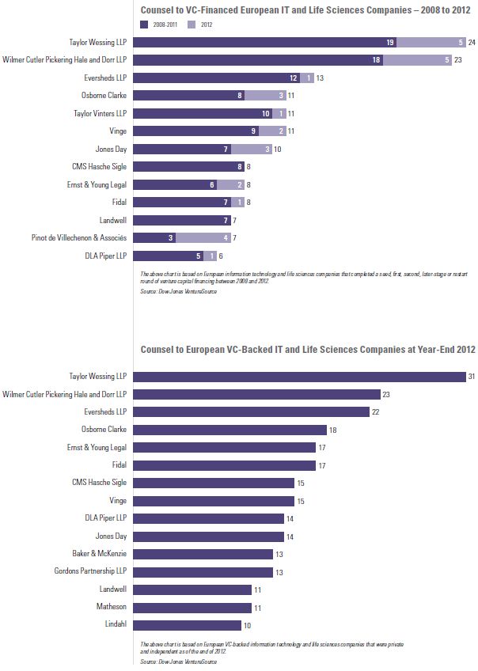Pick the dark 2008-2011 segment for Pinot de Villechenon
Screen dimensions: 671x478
[154, 237]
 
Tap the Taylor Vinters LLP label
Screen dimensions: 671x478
[101, 113]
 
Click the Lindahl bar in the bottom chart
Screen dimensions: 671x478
[187, 625]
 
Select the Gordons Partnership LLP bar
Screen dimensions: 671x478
[203, 572]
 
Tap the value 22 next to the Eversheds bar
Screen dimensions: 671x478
[378, 411]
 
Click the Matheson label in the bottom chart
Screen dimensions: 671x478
[112, 608]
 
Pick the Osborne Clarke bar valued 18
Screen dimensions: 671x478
[230, 430]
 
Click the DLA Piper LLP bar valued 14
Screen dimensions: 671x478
[208, 518]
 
